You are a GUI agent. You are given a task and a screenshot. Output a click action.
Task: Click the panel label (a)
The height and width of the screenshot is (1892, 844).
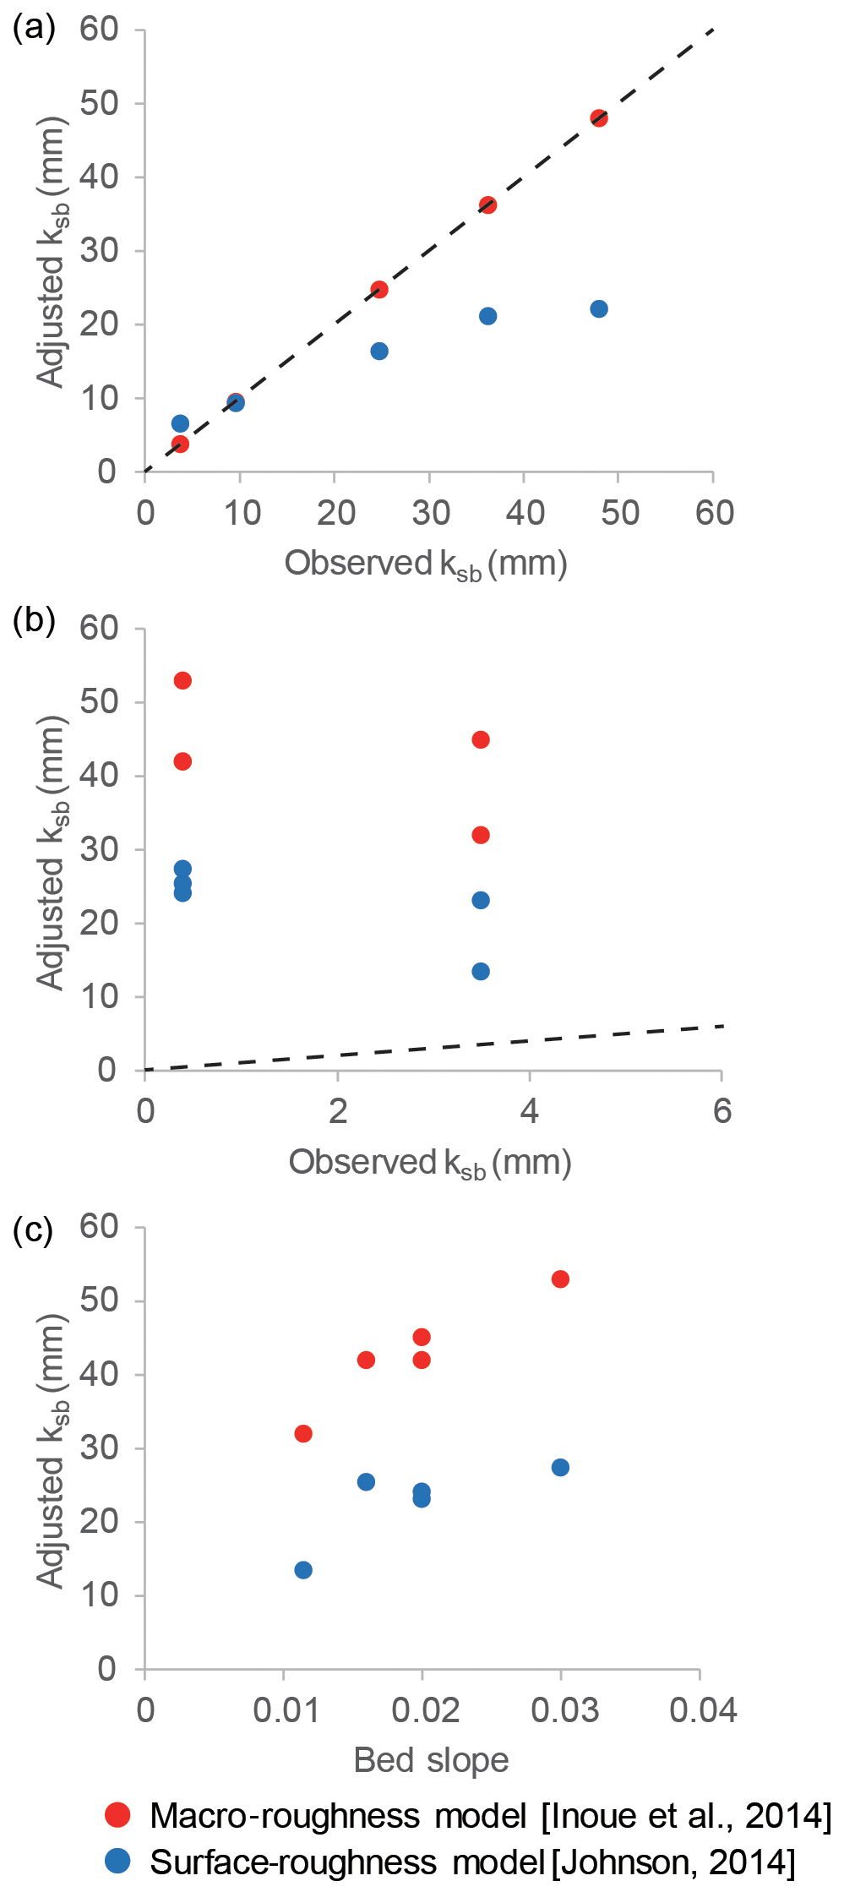point(35,29)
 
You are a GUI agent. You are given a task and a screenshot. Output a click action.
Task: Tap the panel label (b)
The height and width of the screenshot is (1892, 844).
point(35,620)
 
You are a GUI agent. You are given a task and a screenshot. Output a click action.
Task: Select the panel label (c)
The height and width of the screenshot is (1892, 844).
point(34,1230)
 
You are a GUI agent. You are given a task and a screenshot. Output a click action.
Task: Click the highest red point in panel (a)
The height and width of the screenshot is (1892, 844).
point(599,118)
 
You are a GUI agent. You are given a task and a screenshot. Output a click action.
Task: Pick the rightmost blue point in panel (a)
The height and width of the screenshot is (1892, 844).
point(599,308)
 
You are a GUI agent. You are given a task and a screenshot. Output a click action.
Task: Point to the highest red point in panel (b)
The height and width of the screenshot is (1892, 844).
point(182,680)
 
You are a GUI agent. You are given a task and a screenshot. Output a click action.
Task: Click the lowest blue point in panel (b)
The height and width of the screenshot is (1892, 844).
point(481,971)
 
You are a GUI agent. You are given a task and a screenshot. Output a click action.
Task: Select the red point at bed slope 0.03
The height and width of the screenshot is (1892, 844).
point(560,1279)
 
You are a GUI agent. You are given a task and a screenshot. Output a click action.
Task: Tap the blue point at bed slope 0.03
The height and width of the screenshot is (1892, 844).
point(560,1467)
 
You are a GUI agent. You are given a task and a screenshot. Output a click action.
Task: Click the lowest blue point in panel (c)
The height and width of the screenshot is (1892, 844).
point(303,1570)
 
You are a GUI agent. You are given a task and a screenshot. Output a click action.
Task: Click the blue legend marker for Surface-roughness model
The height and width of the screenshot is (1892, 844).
point(118,1860)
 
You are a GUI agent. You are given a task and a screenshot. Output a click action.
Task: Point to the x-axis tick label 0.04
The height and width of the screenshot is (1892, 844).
point(703,1710)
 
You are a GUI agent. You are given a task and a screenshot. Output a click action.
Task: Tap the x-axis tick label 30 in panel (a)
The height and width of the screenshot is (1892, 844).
point(430,513)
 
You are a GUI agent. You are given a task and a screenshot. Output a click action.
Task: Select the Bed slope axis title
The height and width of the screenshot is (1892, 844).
point(431,1760)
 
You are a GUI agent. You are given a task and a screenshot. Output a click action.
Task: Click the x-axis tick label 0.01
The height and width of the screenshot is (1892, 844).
point(286,1710)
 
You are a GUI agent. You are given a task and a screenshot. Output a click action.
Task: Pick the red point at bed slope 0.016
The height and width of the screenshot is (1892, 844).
point(366,1360)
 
